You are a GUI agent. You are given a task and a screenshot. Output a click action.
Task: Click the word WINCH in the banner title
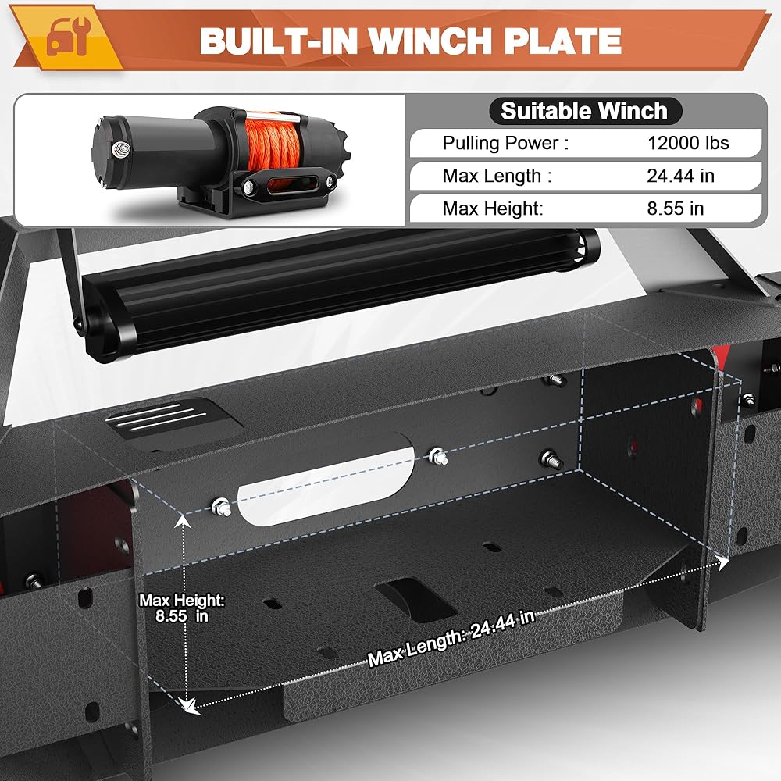point(430,41)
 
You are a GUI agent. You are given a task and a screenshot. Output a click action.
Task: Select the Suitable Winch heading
point(583,111)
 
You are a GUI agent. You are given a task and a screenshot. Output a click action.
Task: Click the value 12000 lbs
point(688,143)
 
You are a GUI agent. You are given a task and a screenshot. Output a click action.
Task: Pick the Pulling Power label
point(505,144)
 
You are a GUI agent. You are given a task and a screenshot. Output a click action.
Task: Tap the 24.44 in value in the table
point(680,176)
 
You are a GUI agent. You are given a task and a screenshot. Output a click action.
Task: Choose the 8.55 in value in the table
point(676,209)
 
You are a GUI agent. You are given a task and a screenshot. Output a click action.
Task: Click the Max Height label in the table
point(493,209)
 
